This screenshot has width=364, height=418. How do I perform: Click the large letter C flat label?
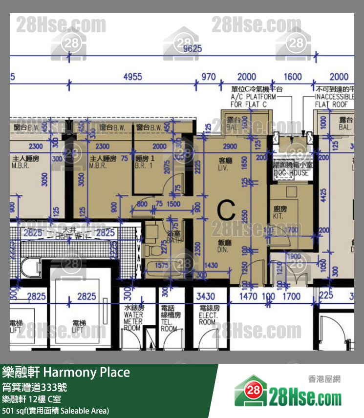pyautogui.click(x=226, y=210)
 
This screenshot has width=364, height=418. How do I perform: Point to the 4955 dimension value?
pyautogui.click(x=132, y=77)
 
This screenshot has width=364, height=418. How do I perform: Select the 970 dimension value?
pyautogui.click(x=208, y=77)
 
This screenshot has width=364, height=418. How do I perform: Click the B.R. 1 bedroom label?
pyautogui.click(x=145, y=162)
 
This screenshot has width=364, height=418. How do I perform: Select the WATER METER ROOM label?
pyautogui.click(x=133, y=318)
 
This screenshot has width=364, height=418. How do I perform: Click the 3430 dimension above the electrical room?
pyautogui.click(x=205, y=296)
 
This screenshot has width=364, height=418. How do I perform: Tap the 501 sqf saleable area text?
pyautogui.click(x=55, y=411)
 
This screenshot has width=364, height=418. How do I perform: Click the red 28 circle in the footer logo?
pyautogui.click(x=253, y=391)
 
